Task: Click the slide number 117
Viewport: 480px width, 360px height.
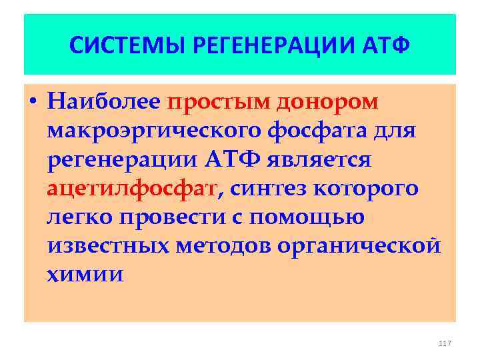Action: click(445, 343)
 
